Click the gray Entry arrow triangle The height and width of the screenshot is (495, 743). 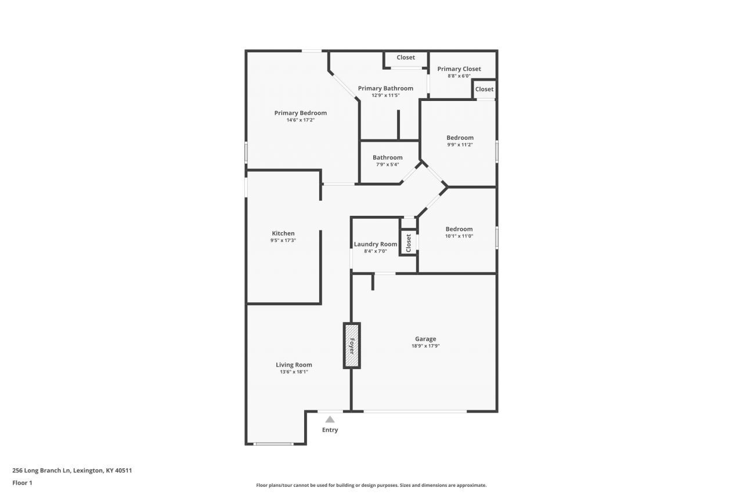click(330, 420)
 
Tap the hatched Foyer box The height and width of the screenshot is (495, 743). click(352, 345)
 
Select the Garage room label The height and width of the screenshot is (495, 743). click(425, 339)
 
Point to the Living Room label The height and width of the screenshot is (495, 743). click(294, 364)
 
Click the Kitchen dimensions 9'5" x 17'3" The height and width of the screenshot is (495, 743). click(283, 240)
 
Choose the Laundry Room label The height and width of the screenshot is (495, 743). click(376, 244)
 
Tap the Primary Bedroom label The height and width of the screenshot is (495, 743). click(301, 113)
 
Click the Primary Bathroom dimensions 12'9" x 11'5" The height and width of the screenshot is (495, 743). click(385, 96)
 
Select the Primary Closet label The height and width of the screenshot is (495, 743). click(459, 69)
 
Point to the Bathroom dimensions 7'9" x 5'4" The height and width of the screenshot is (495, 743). click(387, 164)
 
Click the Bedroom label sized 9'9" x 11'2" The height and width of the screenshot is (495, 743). click(460, 138)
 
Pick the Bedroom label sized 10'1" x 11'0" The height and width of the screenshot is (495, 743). click(459, 229)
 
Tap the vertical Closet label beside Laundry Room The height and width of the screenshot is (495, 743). click(409, 243)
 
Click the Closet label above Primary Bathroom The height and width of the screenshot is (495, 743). click(406, 57)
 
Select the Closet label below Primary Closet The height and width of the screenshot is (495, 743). click(484, 89)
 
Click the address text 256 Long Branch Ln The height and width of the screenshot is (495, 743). click(41, 471)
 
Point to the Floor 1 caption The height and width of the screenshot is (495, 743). click(22, 483)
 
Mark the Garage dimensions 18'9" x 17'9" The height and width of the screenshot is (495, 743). click(425, 346)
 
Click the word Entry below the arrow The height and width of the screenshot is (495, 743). click(330, 430)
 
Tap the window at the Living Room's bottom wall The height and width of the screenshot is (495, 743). click(274, 443)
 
